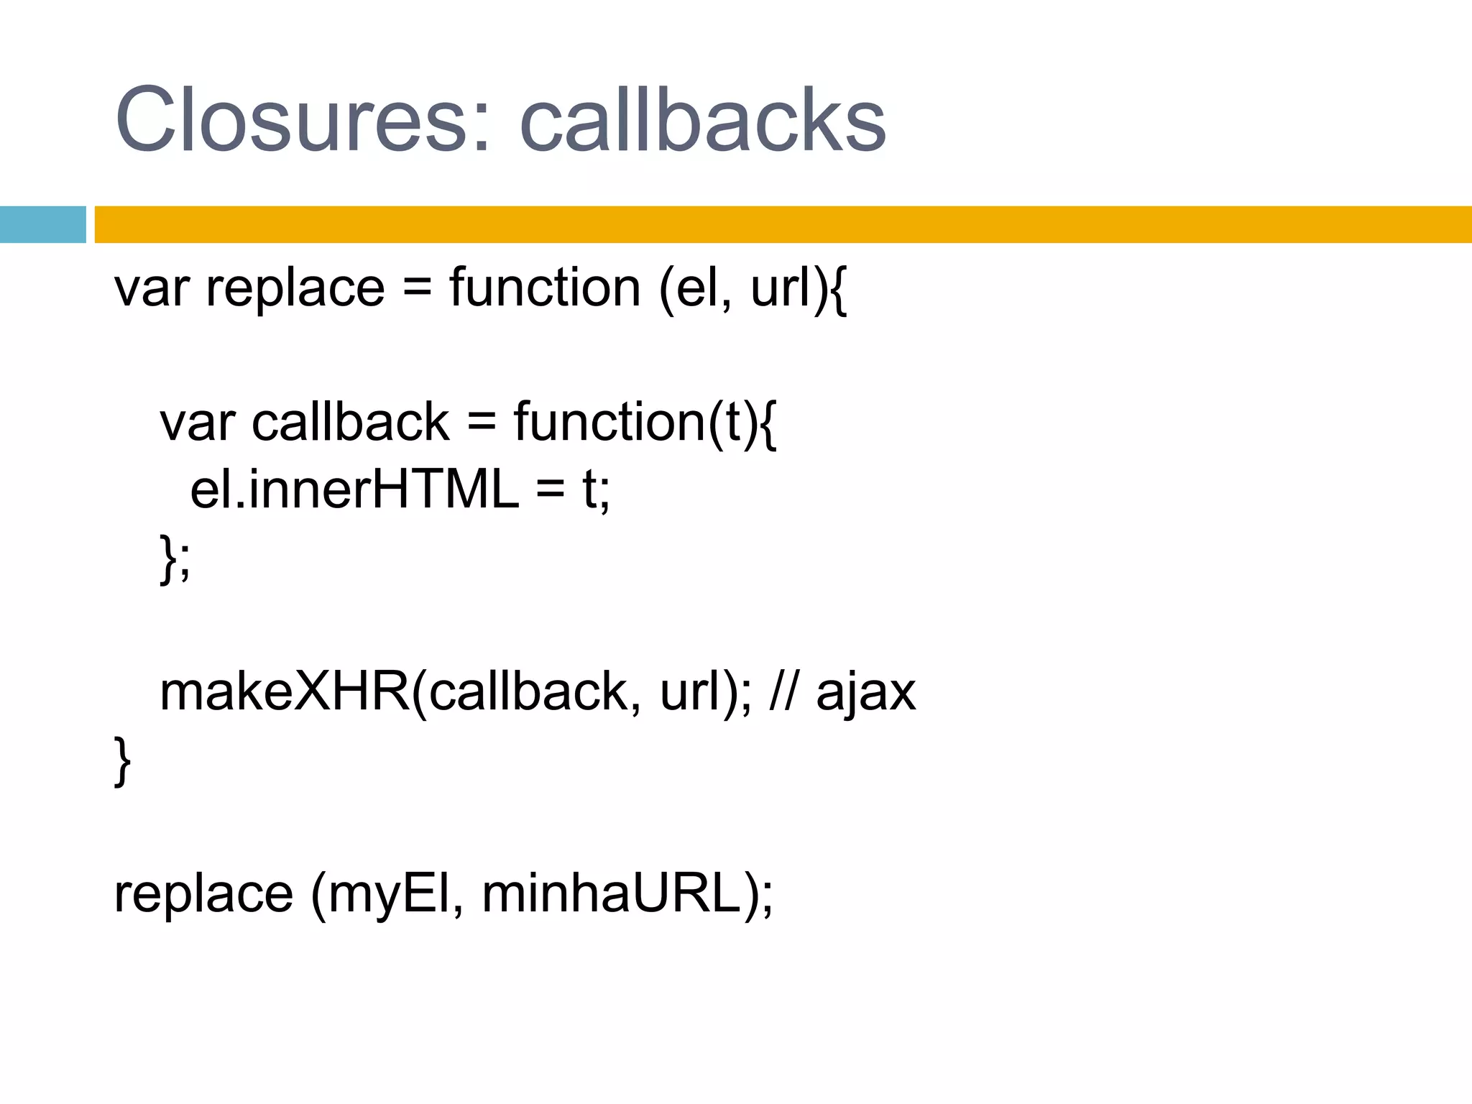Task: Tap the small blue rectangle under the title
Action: click(x=42, y=224)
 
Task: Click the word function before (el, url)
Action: click(x=544, y=288)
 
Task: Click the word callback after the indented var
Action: click(x=350, y=423)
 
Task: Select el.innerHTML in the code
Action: click(x=354, y=490)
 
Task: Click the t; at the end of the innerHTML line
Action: click(x=596, y=490)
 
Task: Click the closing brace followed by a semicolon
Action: click(x=175, y=558)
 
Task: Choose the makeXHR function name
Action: click(x=285, y=692)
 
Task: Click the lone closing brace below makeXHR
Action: click(x=122, y=760)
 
